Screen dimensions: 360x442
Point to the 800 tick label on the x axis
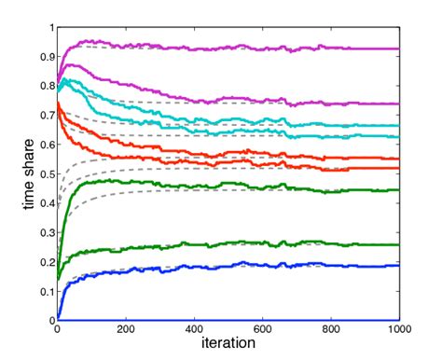331,330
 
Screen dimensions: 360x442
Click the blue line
280,266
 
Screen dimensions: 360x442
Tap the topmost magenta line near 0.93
280,48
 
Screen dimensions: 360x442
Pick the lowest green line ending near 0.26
280,244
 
